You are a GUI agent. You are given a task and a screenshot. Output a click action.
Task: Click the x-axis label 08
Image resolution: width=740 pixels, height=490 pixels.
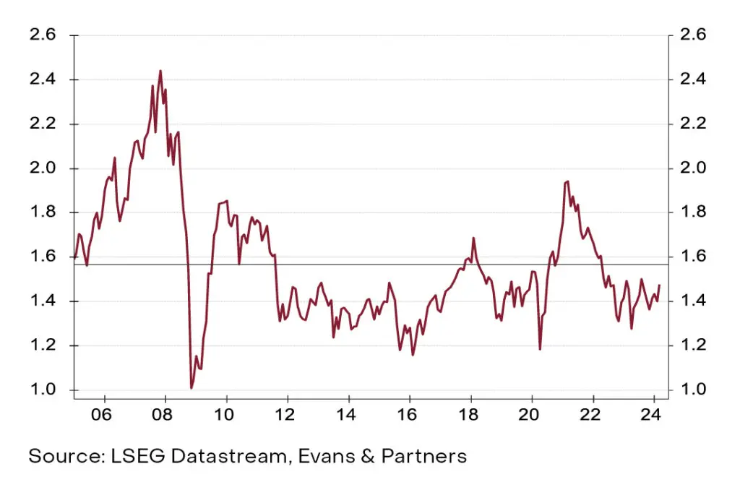[165, 418]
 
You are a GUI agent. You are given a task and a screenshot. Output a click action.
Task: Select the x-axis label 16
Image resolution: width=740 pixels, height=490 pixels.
[410, 418]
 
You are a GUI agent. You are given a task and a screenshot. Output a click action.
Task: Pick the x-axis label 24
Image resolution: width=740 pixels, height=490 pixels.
[653, 418]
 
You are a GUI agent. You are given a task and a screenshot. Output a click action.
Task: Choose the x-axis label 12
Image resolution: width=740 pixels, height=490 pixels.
[288, 418]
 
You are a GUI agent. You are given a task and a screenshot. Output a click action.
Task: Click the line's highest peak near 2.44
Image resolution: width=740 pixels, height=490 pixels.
[160, 71]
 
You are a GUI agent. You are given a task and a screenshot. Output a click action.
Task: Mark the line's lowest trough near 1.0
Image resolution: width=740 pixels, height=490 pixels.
[192, 388]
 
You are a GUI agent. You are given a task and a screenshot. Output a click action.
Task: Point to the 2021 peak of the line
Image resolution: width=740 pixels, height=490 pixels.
[567, 181]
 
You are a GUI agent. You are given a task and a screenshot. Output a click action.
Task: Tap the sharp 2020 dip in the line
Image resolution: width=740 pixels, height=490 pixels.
[540, 349]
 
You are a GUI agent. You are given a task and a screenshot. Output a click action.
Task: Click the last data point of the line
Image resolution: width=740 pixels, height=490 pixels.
[659, 285]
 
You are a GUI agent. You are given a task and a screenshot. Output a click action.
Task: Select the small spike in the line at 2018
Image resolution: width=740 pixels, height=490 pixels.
[473, 238]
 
